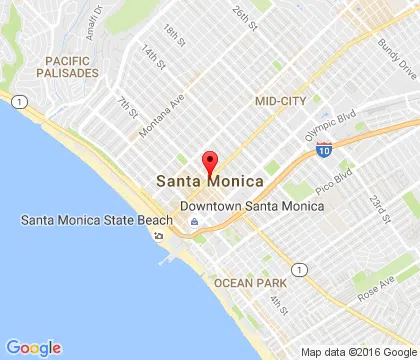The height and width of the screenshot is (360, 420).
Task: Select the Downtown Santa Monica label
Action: click(252, 205)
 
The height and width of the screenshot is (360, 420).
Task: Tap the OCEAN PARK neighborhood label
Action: click(248, 283)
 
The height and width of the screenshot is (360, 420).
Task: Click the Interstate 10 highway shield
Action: click(323, 149)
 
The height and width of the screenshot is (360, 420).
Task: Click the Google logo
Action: click(33, 347)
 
